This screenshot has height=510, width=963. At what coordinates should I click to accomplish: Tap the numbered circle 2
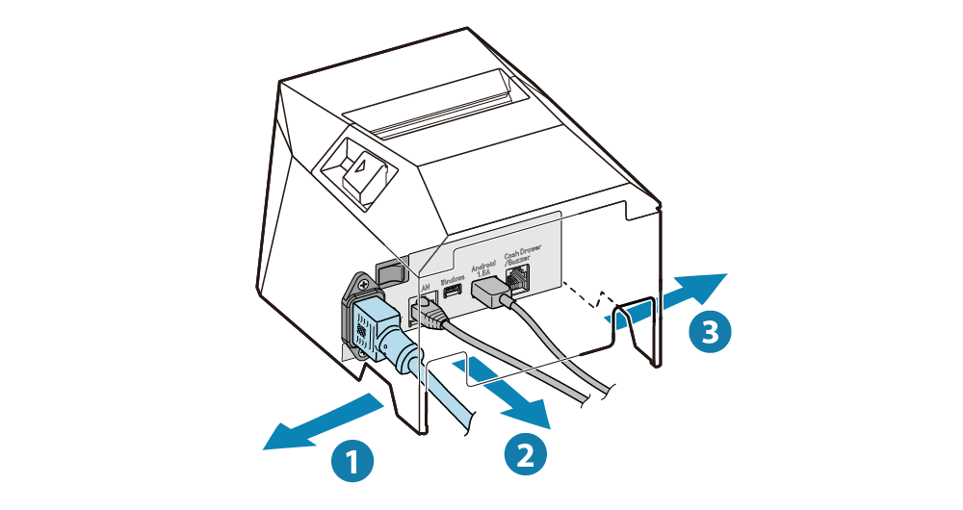click(x=525, y=452)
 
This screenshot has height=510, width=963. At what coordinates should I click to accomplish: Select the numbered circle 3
click(x=711, y=332)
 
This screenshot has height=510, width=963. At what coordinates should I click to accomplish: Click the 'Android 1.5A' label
click(x=482, y=267)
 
